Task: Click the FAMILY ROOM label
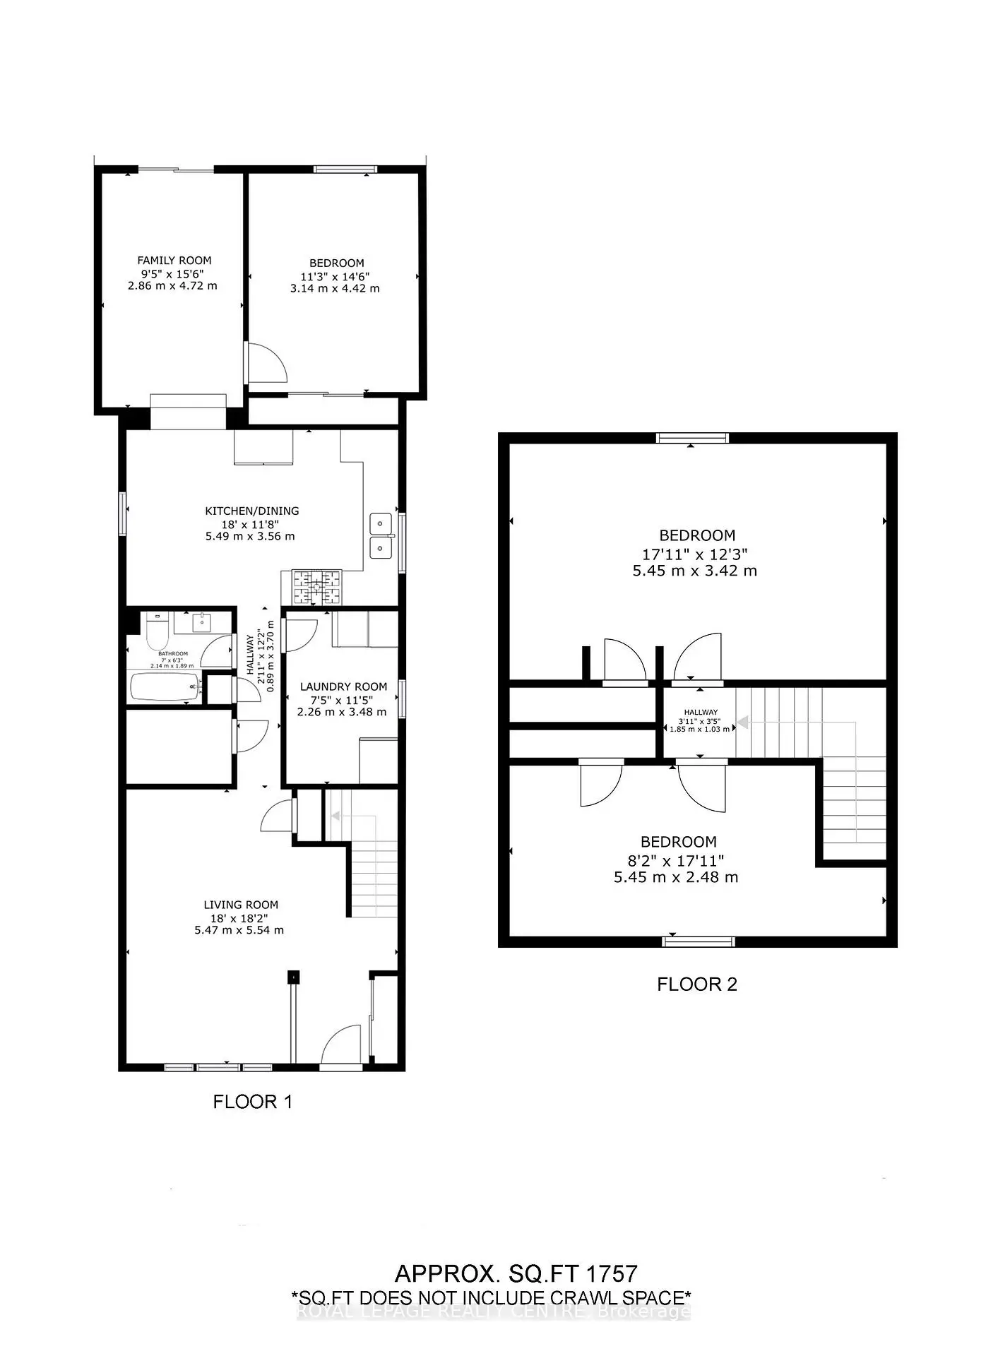[x=174, y=261]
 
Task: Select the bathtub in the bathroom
[x=165, y=687]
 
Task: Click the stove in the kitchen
[x=317, y=587]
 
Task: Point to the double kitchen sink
[x=381, y=535]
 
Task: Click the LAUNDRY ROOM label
[x=343, y=686]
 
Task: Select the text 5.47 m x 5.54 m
[x=239, y=930]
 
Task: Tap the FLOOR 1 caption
[x=252, y=1102]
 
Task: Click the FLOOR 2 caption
[x=697, y=985]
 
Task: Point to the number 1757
[x=611, y=1273]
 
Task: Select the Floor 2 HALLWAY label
[x=700, y=712]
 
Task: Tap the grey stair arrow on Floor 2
[x=742, y=723]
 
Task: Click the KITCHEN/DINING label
[x=252, y=511]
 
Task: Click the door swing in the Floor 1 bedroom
[x=268, y=362]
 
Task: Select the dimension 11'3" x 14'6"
[x=335, y=276]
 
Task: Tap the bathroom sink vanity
[x=202, y=621]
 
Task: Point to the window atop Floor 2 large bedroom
[x=691, y=438]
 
